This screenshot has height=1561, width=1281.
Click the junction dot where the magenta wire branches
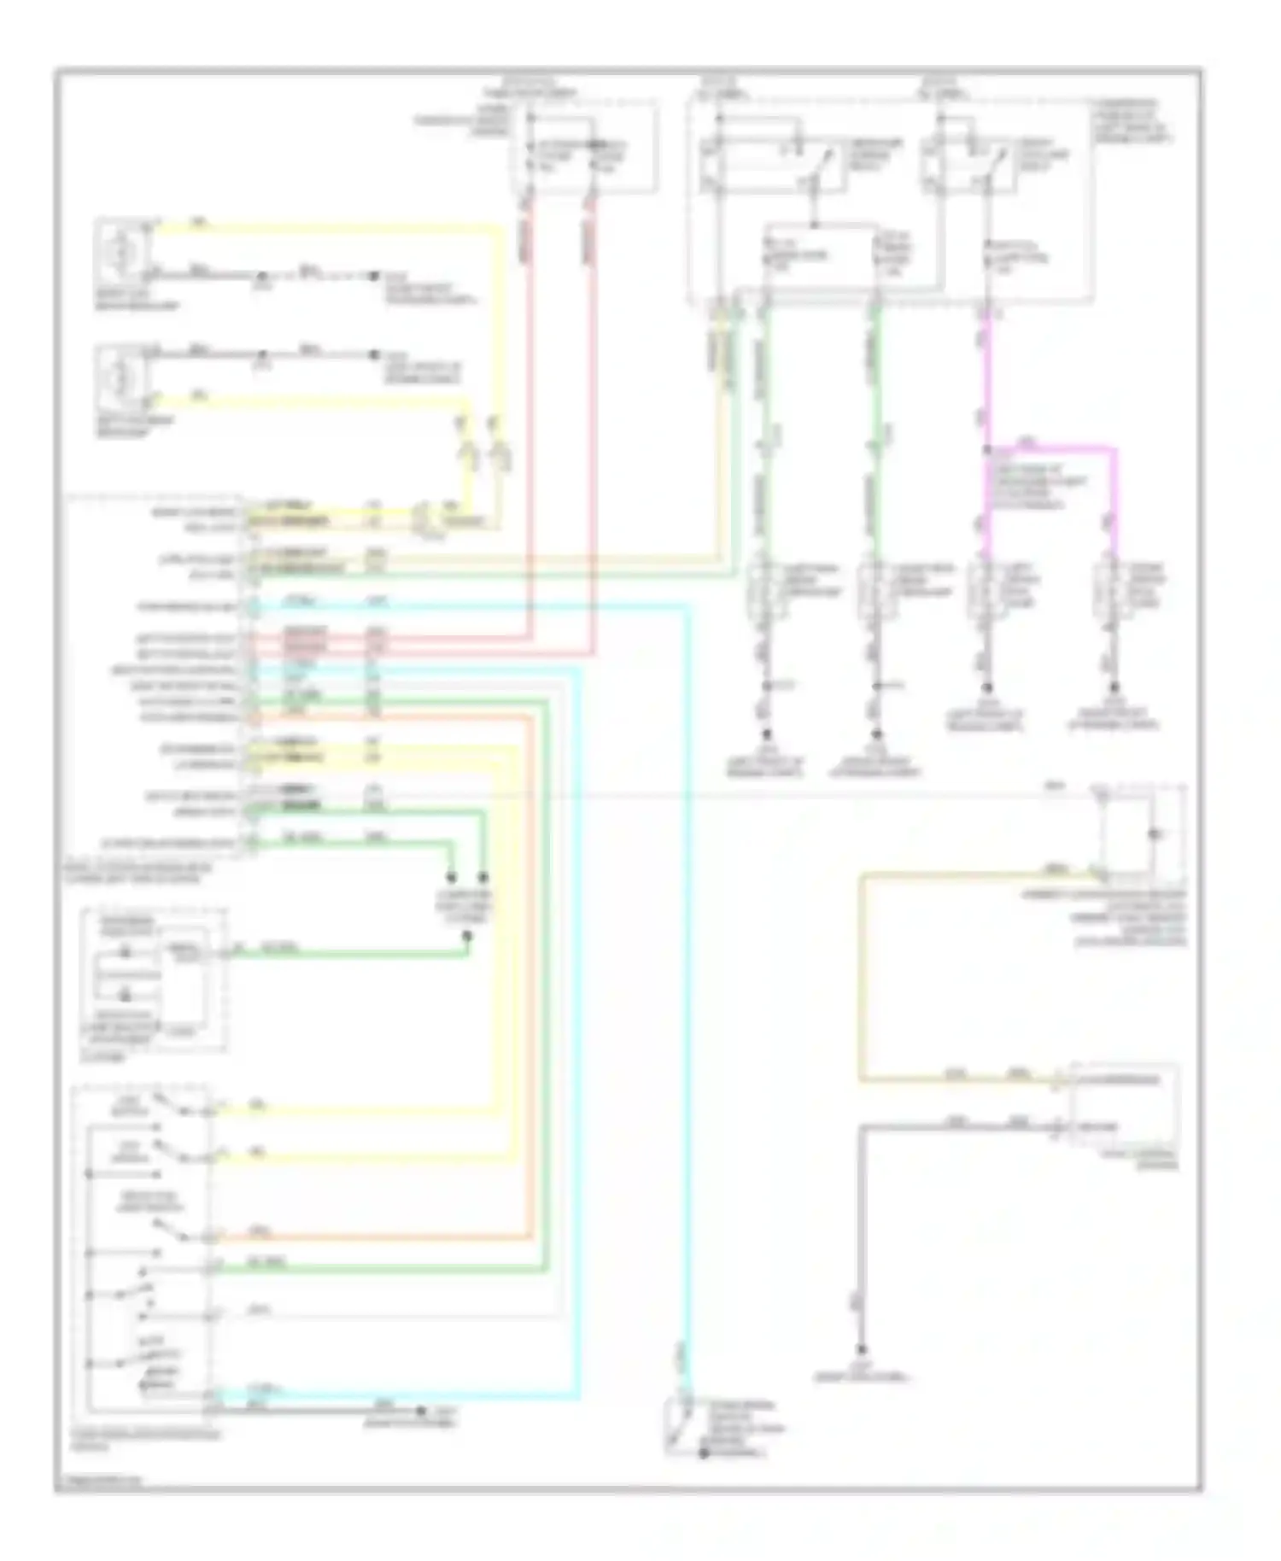coord(987,449)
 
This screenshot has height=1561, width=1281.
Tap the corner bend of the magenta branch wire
coord(1114,449)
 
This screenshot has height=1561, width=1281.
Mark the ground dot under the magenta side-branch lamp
coord(1114,687)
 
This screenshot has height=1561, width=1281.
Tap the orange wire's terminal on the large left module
coord(249,717)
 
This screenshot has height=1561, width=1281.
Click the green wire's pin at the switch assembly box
coord(210,1270)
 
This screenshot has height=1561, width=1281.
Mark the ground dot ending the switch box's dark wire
coord(420,1412)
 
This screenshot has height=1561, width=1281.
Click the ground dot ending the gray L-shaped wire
coord(863,1350)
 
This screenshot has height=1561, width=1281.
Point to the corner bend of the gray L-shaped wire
coord(863,1128)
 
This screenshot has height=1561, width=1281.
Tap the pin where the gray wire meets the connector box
coord(1058,1128)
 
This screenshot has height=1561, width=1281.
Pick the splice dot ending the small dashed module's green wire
coord(467,936)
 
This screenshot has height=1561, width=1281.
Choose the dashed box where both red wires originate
coord(584,147)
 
